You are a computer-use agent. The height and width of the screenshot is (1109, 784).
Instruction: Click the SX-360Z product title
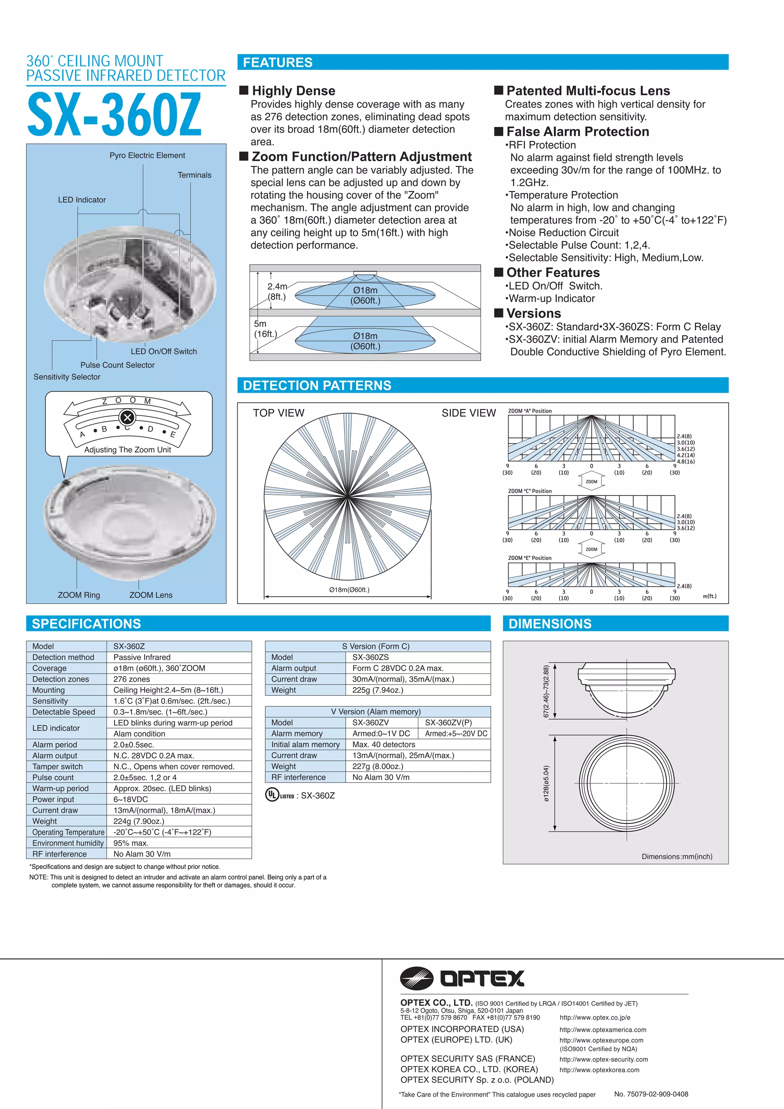click(114, 115)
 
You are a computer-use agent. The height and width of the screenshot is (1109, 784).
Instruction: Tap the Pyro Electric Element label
click(147, 155)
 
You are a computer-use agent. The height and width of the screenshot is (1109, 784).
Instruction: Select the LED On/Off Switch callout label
click(164, 352)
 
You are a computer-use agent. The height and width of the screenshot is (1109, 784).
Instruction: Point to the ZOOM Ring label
click(79, 595)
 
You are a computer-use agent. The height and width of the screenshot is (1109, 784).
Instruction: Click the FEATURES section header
click(278, 63)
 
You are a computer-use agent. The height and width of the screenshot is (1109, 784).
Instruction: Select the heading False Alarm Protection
click(577, 132)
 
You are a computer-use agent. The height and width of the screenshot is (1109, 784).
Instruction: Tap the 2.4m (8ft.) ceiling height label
click(277, 291)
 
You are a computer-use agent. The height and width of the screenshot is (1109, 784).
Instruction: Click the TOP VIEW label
click(279, 413)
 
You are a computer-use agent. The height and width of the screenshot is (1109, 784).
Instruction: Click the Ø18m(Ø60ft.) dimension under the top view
click(349, 590)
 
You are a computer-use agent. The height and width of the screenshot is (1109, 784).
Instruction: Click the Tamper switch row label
click(57, 767)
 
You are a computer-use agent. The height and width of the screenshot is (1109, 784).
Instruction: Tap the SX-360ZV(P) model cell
click(448, 722)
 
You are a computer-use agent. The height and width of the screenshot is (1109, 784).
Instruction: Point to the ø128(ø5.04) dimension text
click(546, 783)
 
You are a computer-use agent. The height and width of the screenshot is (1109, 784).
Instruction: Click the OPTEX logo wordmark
click(482, 979)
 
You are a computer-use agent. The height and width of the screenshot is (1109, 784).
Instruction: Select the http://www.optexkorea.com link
click(599, 1070)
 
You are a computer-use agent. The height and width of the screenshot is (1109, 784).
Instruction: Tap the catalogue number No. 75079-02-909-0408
click(651, 1094)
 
